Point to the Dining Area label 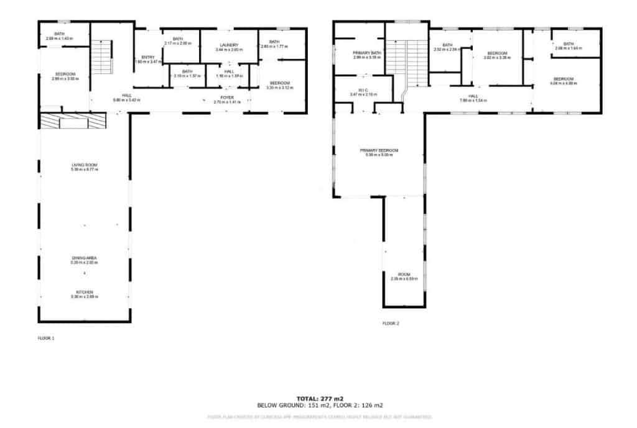pos(85,260)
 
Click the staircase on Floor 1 pos(101,57)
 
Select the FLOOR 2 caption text pos(390,324)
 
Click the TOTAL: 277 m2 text pos(320,398)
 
